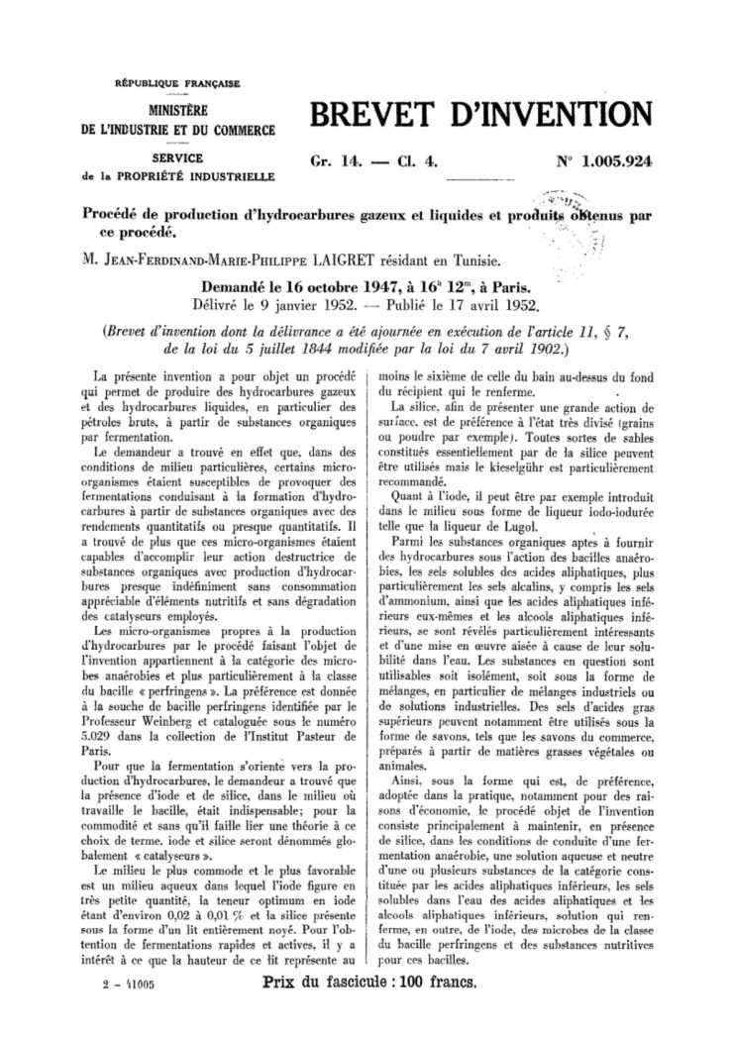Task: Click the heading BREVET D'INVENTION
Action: pyautogui.click(x=481, y=116)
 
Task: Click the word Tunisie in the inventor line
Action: pyautogui.click(x=476, y=260)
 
